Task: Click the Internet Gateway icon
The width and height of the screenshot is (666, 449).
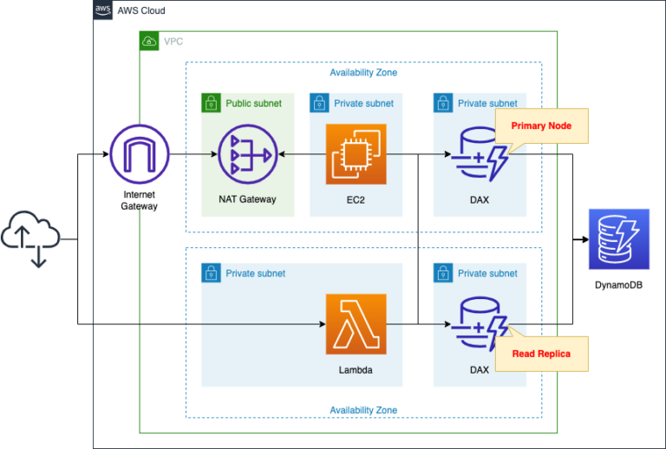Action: (140, 154)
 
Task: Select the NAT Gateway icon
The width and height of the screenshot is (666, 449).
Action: (246, 154)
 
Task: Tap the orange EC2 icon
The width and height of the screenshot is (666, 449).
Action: (356, 154)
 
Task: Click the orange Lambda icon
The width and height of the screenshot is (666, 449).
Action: (356, 324)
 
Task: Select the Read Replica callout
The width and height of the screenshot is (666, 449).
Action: (540, 354)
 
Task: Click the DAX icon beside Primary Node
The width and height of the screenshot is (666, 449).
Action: (478, 154)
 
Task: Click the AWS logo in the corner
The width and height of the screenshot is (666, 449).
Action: (103, 10)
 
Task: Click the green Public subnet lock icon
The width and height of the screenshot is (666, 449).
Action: (211, 103)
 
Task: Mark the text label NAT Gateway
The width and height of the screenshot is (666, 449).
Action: (247, 199)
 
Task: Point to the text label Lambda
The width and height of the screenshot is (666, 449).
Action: (356, 369)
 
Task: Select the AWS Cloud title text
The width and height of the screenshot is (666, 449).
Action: (141, 10)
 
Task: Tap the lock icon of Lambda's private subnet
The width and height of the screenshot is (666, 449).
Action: (211, 273)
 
